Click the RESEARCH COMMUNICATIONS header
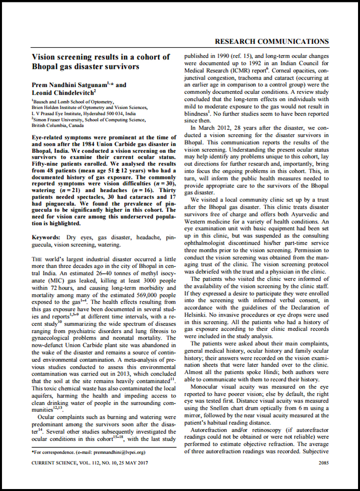(272, 41)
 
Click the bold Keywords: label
(46, 237)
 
